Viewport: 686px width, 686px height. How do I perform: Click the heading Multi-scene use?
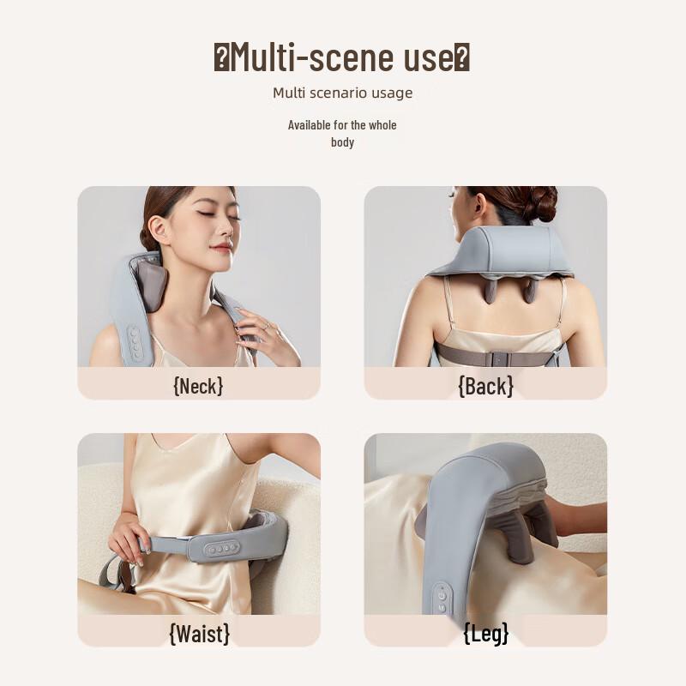(x=342, y=58)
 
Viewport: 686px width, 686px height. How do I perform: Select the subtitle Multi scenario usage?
(x=342, y=93)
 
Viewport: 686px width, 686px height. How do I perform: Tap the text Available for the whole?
(x=342, y=125)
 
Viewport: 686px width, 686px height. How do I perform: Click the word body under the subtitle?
(x=342, y=142)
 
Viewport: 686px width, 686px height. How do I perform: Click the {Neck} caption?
(x=198, y=385)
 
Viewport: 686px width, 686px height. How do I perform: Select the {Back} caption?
(x=485, y=386)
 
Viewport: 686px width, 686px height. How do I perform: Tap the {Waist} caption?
(x=199, y=633)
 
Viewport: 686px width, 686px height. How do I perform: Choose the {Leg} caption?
(x=485, y=633)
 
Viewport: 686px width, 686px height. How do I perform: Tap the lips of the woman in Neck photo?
(x=220, y=249)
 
